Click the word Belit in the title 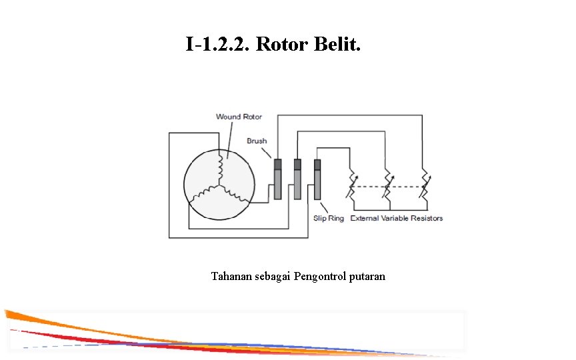(338, 45)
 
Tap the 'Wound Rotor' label (239, 117)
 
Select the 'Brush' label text (257, 141)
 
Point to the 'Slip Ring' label (329, 218)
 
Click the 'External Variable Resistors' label (397, 218)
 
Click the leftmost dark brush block (278, 163)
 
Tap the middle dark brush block (297, 163)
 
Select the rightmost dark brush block (317, 163)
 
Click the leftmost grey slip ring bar (278, 184)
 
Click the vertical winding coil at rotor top (219, 167)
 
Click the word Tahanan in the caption (231, 276)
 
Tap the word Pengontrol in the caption (320, 276)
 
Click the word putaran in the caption (367, 276)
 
